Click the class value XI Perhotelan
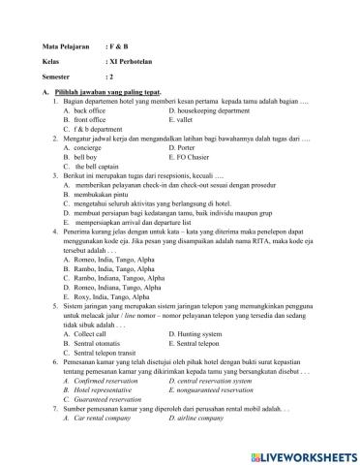[x=132, y=60]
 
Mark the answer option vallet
[x=188, y=120]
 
